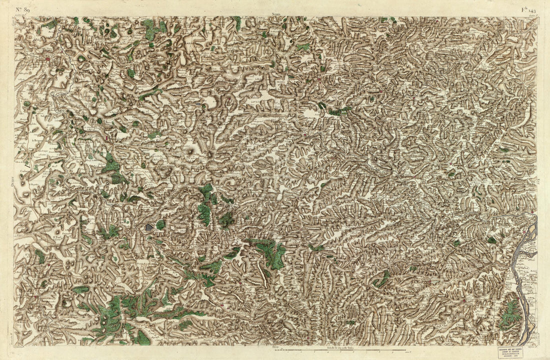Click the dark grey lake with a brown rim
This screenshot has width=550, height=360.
tap(148, 227)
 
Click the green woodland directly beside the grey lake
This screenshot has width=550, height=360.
tap(160, 225)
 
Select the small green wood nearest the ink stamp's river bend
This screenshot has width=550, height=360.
tap(492, 240)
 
